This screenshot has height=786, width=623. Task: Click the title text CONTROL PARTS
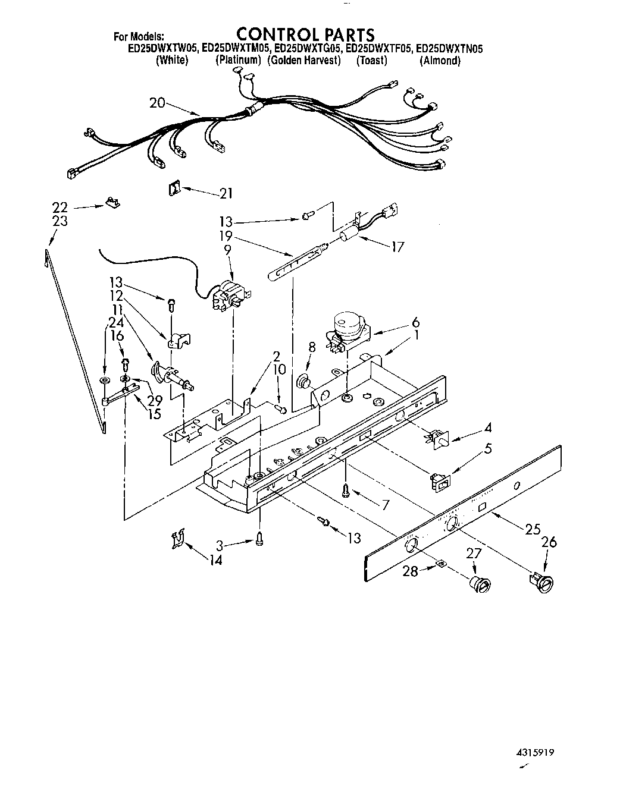(x=306, y=34)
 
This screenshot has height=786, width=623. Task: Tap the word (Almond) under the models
(x=440, y=61)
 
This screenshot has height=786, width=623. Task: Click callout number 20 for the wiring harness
(x=157, y=103)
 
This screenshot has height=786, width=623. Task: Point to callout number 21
(x=226, y=193)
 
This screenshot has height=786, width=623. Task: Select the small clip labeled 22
(x=112, y=203)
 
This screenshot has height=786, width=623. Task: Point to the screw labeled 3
(x=259, y=540)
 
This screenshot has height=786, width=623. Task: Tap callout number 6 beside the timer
(x=415, y=323)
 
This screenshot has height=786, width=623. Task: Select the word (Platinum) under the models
(x=238, y=61)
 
